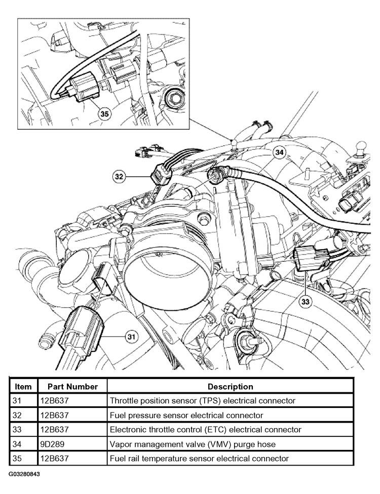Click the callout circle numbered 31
coord(131,337)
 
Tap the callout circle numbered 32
coord(119,177)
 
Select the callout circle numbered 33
coord(305,302)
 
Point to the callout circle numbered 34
coord(279,152)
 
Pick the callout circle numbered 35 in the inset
coord(104,113)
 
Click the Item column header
coord(23,387)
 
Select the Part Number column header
coord(72,387)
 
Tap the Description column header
coord(230,387)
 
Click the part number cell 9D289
coord(52,444)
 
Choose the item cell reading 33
coord(17,430)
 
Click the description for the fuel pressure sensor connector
coord(186,415)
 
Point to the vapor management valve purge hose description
coord(193,444)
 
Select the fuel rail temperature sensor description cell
coord(199,459)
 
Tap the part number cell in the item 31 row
coord(54,401)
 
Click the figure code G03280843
coord(24,474)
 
